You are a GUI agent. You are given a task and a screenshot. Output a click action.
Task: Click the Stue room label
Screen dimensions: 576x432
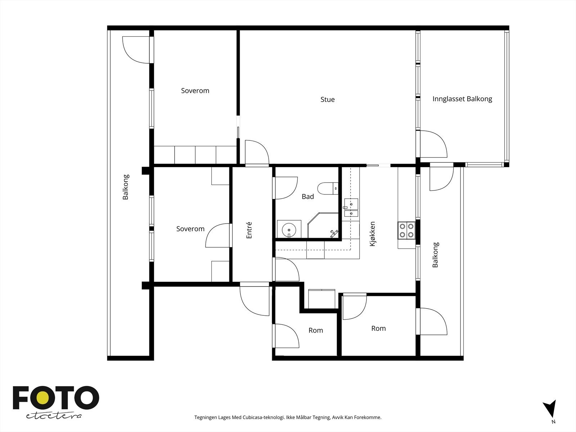coord(328,99)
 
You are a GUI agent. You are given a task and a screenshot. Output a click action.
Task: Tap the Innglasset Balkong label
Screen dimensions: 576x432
coord(462,99)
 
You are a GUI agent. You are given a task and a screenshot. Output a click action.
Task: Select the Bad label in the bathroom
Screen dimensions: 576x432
coord(307,197)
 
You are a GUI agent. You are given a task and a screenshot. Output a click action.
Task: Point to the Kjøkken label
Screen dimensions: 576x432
coord(372,234)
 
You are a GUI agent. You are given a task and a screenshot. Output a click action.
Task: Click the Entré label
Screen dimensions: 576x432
coord(249,230)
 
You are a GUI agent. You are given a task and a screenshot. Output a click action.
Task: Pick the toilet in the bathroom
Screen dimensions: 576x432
coord(328,188)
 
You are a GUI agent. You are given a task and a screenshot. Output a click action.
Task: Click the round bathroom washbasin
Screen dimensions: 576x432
coord(289,230)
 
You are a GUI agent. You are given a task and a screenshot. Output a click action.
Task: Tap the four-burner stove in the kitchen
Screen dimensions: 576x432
coord(406,230)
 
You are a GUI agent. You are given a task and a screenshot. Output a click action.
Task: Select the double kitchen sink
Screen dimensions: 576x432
coord(351,207)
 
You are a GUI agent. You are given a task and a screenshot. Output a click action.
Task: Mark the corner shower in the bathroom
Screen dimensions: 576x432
coord(323,225)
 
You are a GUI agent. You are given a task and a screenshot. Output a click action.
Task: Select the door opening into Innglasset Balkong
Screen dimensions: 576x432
coord(433,144)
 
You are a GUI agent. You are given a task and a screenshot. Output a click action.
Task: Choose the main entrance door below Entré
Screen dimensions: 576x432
coord(255,301)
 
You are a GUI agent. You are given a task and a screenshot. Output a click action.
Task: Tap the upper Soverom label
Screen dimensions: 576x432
coord(195,91)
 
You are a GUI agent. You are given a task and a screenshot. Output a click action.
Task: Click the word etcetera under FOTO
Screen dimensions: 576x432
coord(54,416)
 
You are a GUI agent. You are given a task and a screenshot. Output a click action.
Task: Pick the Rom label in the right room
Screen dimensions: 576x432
coord(378,328)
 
